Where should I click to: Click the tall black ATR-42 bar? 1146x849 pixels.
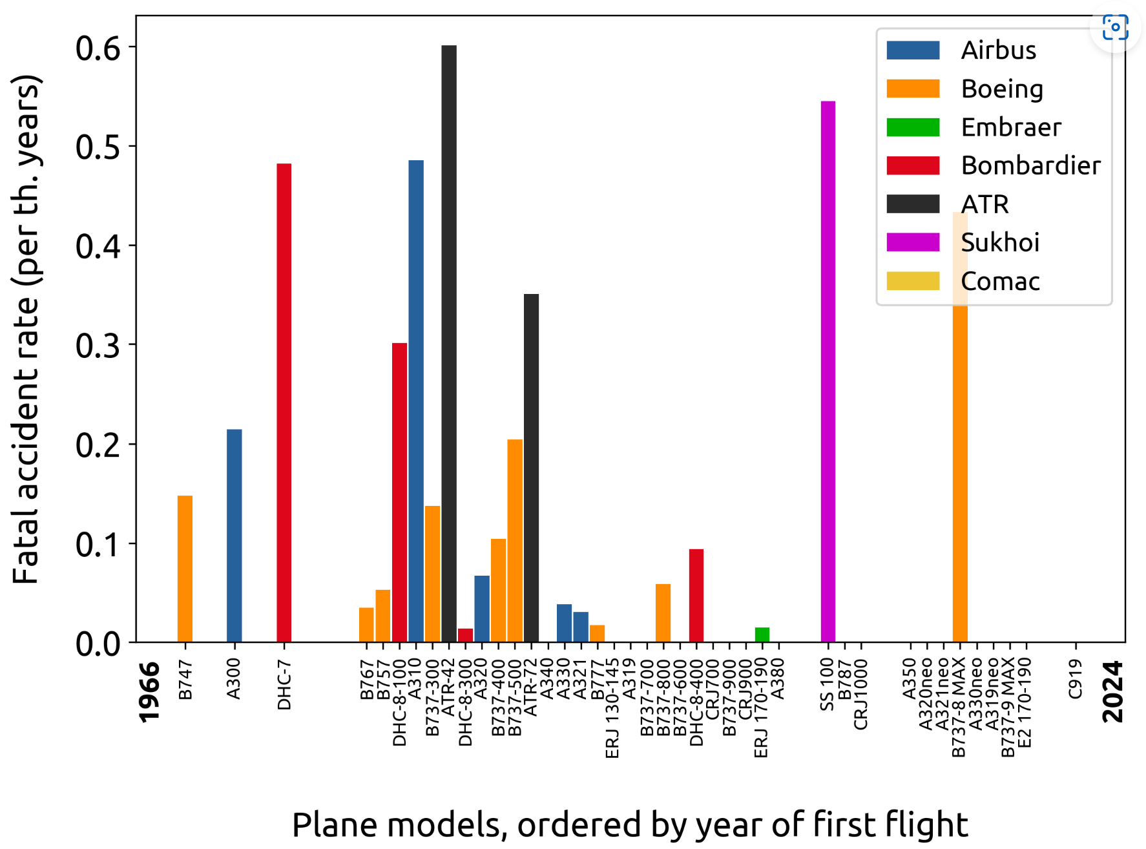449,342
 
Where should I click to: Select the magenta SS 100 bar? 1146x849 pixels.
828,372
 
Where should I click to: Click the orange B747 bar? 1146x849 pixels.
185,569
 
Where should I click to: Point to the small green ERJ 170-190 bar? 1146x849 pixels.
762,634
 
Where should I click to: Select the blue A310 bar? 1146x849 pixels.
416,401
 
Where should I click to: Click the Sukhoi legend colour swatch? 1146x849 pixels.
913,242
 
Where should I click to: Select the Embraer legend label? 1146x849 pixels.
1011,127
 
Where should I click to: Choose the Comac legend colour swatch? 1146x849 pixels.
913,281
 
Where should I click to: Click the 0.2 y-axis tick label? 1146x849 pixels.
98,445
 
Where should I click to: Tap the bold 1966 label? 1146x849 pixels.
149,691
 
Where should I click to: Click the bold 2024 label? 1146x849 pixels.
1113,691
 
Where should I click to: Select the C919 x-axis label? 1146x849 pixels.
1075,678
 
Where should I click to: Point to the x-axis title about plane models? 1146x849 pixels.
630,825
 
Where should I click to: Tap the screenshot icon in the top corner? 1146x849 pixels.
1115,27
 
